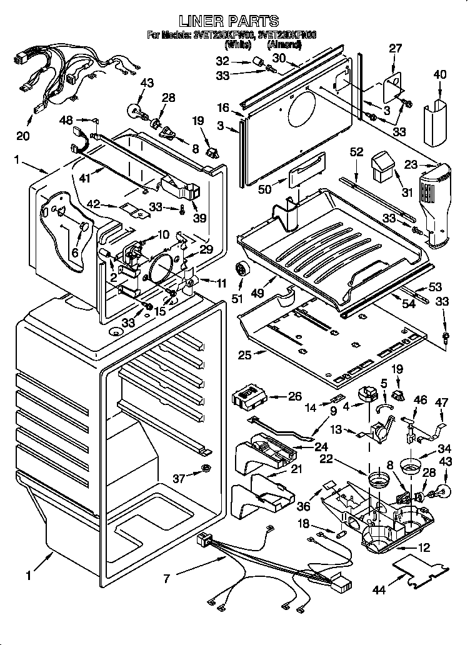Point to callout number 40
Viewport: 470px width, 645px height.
[x=440, y=75]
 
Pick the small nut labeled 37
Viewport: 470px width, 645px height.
[x=206, y=469]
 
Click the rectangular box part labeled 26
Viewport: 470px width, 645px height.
[x=250, y=396]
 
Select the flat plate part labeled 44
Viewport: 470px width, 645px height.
[x=422, y=571]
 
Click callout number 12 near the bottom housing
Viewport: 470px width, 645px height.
[x=424, y=548]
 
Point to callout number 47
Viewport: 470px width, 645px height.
[x=442, y=403]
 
